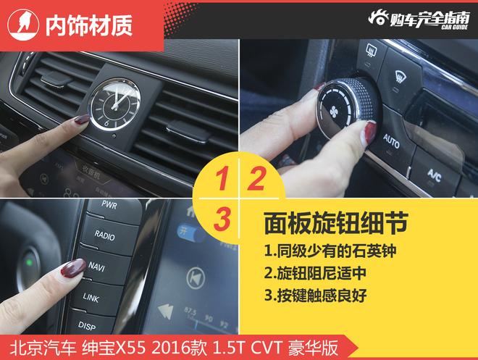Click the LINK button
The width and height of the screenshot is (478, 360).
click(91, 297)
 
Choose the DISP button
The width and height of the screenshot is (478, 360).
click(88, 325)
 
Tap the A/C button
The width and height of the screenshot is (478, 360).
click(434, 174)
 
